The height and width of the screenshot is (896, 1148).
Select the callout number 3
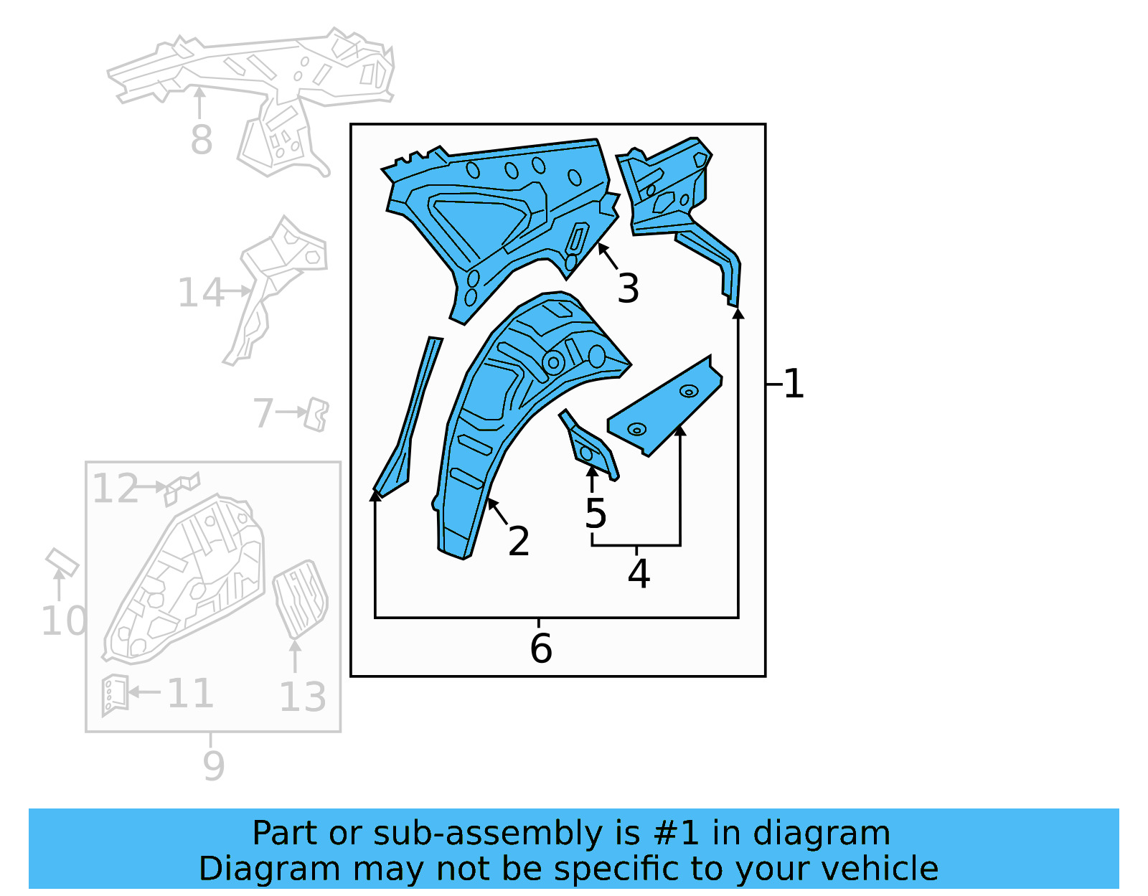(628, 288)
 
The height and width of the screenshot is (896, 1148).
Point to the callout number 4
(639, 574)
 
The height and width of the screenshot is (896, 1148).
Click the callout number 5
(596, 514)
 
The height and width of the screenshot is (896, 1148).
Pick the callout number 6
(541, 649)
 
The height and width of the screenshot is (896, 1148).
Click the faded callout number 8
(202, 139)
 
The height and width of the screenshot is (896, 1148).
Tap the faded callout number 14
(200, 293)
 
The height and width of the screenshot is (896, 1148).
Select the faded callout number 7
(263, 413)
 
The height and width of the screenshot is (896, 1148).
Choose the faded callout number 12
(115, 489)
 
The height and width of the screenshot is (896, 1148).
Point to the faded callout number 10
(63, 621)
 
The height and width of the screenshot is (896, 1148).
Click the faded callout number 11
(190, 694)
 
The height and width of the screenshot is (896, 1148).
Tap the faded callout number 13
(302, 697)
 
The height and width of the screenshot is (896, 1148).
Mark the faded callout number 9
(213, 765)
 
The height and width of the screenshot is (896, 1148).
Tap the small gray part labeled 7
(316, 415)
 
